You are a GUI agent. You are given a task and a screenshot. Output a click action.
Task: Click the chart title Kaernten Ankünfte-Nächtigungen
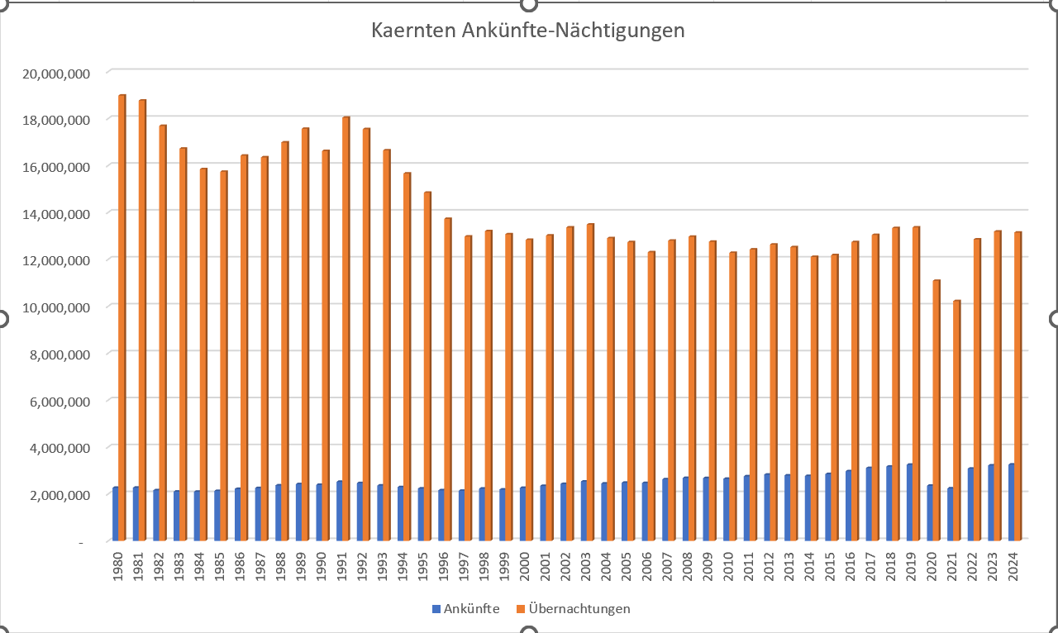pyautogui.click(x=528, y=31)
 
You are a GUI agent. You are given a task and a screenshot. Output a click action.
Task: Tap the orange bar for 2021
pyautogui.click(x=957, y=421)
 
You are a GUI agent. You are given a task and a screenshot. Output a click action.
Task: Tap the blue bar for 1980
pyautogui.click(x=116, y=514)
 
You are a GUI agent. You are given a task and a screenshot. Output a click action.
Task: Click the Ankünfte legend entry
pyautogui.click(x=465, y=609)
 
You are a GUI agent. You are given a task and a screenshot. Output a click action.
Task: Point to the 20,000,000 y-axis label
pyautogui.click(x=56, y=73)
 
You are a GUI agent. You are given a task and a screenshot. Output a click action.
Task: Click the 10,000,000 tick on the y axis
pyautogui.click(x=56, y=307)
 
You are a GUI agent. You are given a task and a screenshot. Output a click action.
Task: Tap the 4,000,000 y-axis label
pyautogui.click(x=60, y=448)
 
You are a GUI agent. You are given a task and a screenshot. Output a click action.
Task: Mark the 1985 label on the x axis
pyautogui.click(x=220, y=566)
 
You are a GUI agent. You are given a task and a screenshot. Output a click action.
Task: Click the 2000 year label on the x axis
pyautogui.click(x=526, y=566)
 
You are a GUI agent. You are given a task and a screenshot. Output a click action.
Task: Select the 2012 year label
pyautogui.click(x=770, y=566)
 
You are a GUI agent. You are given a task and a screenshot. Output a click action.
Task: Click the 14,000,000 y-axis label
pyautogui.click(x=56, y=213)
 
